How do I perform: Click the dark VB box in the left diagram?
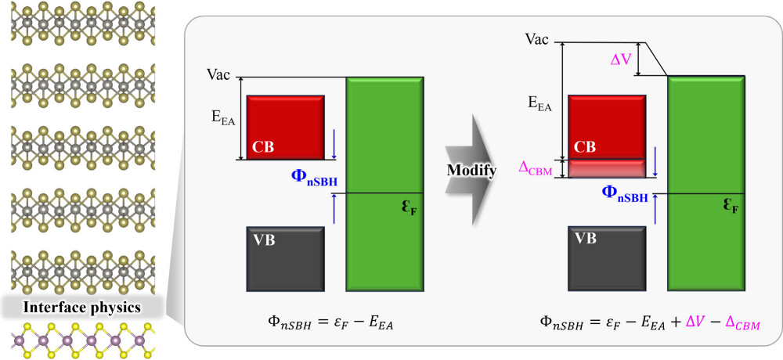286,257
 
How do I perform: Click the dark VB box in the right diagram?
607,257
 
